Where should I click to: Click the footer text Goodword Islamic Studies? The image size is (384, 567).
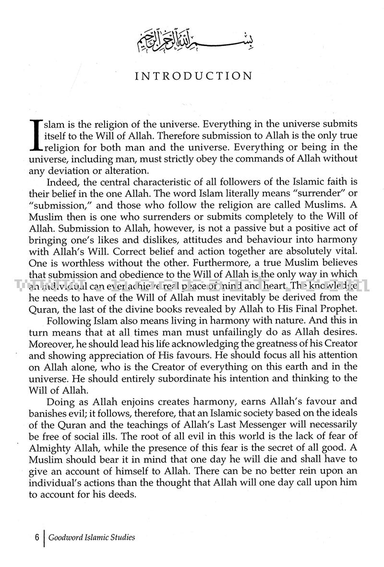pyautogui.click(x=91, y=537)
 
